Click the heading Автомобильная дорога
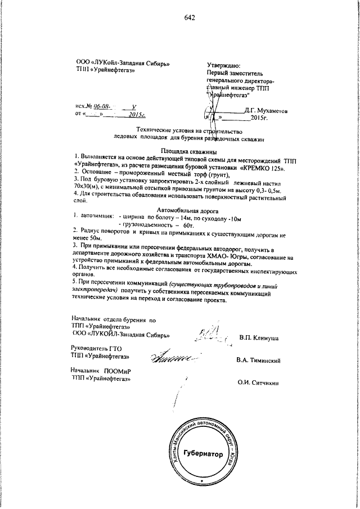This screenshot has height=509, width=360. (x=181, y=208)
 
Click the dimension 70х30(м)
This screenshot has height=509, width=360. (x=87, y=186)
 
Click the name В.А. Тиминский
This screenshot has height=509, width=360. (x=258, y=360)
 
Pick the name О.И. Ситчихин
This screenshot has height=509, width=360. (x=259, y=383)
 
